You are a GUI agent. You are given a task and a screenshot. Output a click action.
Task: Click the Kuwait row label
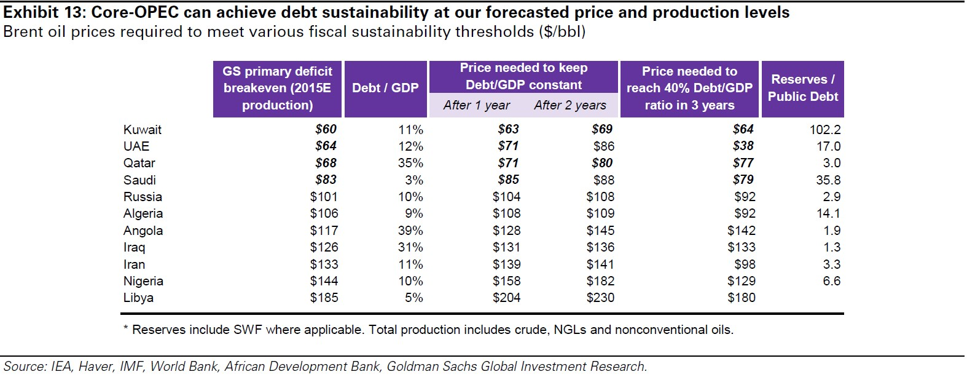142,130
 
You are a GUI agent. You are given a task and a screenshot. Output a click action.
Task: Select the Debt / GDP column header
385,88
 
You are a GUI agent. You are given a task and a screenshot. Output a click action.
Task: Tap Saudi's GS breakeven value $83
326,180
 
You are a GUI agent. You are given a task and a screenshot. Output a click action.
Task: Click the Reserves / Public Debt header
802,88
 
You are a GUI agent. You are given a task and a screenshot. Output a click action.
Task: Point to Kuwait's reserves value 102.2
824,130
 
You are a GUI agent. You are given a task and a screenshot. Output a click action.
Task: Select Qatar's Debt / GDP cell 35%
410,163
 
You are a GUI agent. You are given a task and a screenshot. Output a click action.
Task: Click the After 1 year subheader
476,105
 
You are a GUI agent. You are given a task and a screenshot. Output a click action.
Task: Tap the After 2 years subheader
570,105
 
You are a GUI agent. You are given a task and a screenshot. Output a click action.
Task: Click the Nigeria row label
143,281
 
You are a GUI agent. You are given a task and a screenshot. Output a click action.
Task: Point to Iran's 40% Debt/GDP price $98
745,264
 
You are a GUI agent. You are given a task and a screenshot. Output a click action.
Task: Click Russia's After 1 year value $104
506,197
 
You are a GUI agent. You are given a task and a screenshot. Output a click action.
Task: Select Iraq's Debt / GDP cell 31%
410,247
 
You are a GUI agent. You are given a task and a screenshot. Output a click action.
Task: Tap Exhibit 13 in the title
43,12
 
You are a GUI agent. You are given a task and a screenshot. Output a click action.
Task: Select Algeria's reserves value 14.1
828,213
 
